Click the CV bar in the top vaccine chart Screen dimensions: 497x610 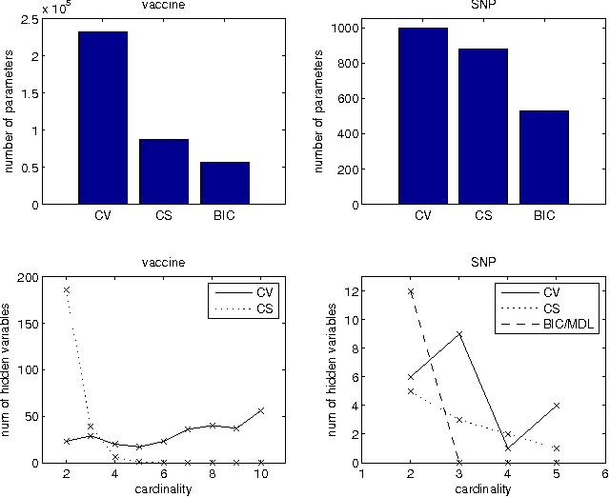coord(102,118)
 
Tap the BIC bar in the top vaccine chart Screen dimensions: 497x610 coord(224,183)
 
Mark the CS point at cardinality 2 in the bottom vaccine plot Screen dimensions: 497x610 coord(67,289)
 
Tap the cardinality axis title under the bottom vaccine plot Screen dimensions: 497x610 coord(164,488)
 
